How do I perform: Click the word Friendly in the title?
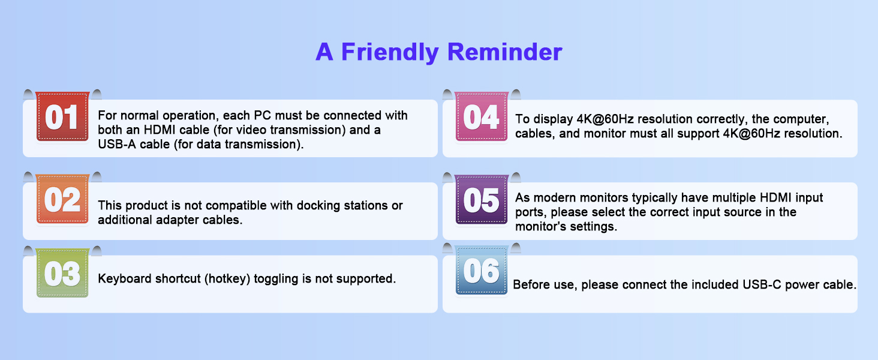[390, 52]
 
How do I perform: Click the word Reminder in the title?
[504, 52]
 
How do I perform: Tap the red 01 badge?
[62, 116]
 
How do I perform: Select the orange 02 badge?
[62, 199]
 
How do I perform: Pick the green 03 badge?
[62, 272]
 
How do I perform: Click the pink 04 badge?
[482, 116]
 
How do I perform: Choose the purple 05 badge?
[482, 199]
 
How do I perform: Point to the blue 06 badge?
[482, 270]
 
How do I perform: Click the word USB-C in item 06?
[762, 285]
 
